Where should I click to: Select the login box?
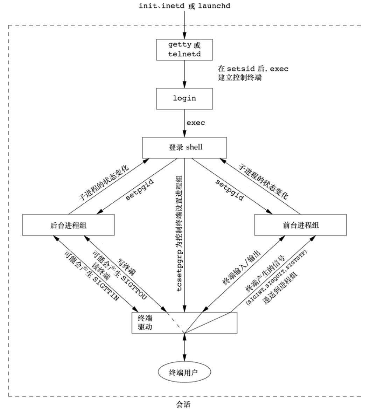[x=184, y=98]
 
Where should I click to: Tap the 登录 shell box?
[x=185, y=147]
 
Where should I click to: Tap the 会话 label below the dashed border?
[x=184, y=404]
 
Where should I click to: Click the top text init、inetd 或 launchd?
[x=185, y=6]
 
